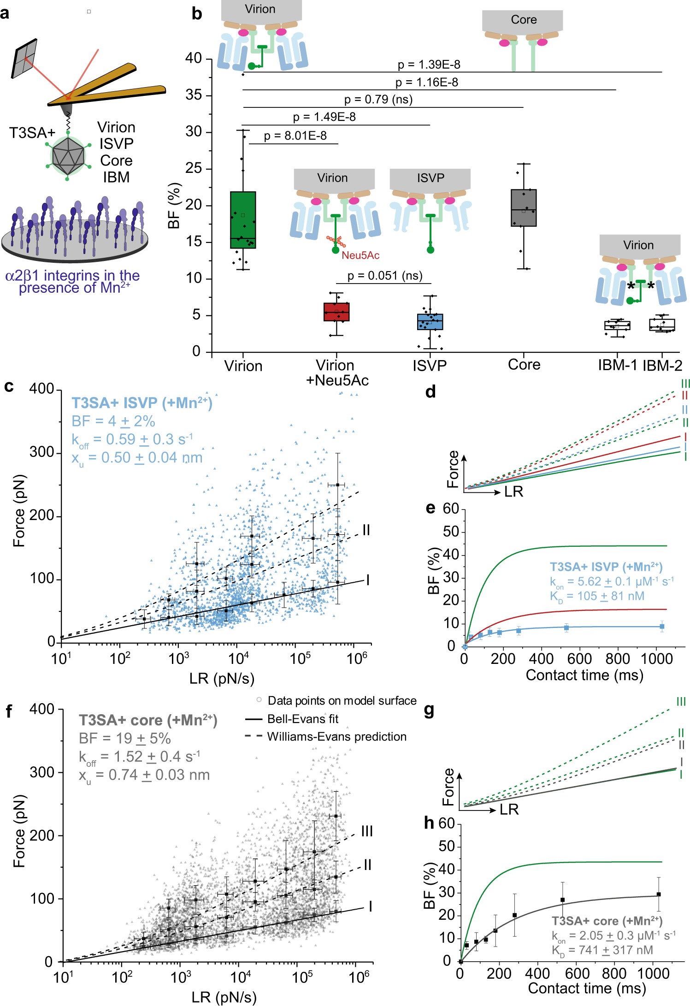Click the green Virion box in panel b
tap(243, 220)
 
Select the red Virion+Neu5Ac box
tap(336, 312)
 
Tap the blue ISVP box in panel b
tap(430, 322)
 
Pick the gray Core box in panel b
tap(524, 208)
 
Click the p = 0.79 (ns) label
tap(378, 100)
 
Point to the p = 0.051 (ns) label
tap(385, 276)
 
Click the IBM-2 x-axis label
tap(662, 366)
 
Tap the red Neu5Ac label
tap(360, 255)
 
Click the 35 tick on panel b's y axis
tap(193, 95)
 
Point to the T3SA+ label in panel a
tap(32, 133)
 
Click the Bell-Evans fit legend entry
tap(302, 719)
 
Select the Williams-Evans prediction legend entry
tap(336, 736)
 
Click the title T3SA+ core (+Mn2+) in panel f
tap(148, 720)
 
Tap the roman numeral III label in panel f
tap(367, 831)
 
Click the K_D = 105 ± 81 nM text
tap(597, 596)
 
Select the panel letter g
tap(429, 710)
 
